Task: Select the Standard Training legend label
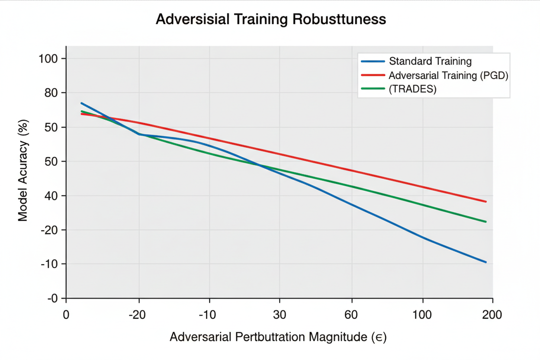(430, 61)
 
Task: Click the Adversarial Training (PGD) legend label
(448, 75)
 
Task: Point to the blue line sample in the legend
(373, 61)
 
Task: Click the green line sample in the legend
(373, 89)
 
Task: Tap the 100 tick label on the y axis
(48, 58)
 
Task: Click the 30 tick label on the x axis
(280, 315)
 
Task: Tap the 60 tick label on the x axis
(351, 315)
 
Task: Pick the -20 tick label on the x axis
(138, 315)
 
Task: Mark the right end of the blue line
(486, 262)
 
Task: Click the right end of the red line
(486, 202)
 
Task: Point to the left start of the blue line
(81, 103)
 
